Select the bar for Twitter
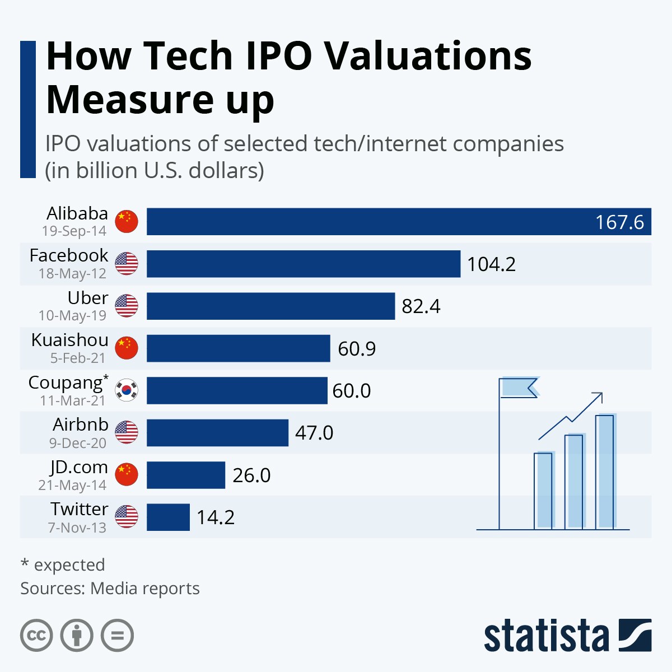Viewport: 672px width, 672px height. [168, 517]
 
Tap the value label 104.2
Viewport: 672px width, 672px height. [491, 264]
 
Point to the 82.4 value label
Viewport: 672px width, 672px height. [421, 306]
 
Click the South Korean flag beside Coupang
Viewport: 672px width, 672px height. [127, 390]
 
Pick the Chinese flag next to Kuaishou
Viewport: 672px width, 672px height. [127, 348]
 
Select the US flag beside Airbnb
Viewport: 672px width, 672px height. [127, 432]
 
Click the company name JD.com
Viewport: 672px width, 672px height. [78, 467]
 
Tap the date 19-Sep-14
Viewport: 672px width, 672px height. [74, 231]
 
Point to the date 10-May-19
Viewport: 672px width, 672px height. [72, 316]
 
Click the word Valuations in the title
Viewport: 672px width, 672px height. [428, 56]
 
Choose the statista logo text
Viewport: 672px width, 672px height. [546, 636]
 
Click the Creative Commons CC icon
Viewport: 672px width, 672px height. [36, 636]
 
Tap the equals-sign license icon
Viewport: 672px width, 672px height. [118, 636]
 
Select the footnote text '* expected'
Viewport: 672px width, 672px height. [63, 565]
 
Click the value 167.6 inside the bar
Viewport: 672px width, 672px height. [619, 222]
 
